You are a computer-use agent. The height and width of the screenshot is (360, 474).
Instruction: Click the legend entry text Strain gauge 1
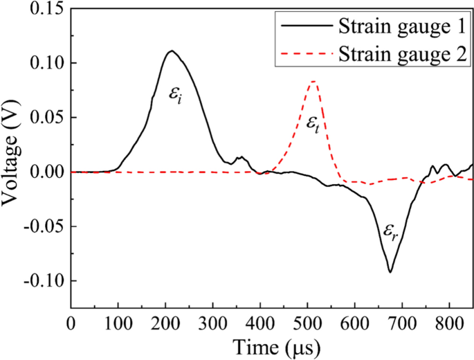coord(396,26)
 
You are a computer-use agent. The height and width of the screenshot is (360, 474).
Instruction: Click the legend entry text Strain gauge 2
coord(396,52)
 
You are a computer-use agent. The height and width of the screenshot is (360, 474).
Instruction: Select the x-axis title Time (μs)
coord(272,347)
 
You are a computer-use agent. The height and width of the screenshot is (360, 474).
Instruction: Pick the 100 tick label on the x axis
coord(118,323)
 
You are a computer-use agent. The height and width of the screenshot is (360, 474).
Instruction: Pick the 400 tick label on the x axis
coord(260,323)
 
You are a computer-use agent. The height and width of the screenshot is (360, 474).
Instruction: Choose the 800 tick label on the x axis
coord(450,323)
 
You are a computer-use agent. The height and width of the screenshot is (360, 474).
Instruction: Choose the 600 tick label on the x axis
coord(355,323)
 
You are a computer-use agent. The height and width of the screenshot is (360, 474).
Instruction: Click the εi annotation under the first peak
coord(176,93)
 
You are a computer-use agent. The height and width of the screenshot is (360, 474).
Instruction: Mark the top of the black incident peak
coord(171,51)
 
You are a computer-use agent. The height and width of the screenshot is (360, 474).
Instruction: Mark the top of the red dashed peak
coord(314,82)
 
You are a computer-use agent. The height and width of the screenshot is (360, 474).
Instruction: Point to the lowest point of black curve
coord(390,272)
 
